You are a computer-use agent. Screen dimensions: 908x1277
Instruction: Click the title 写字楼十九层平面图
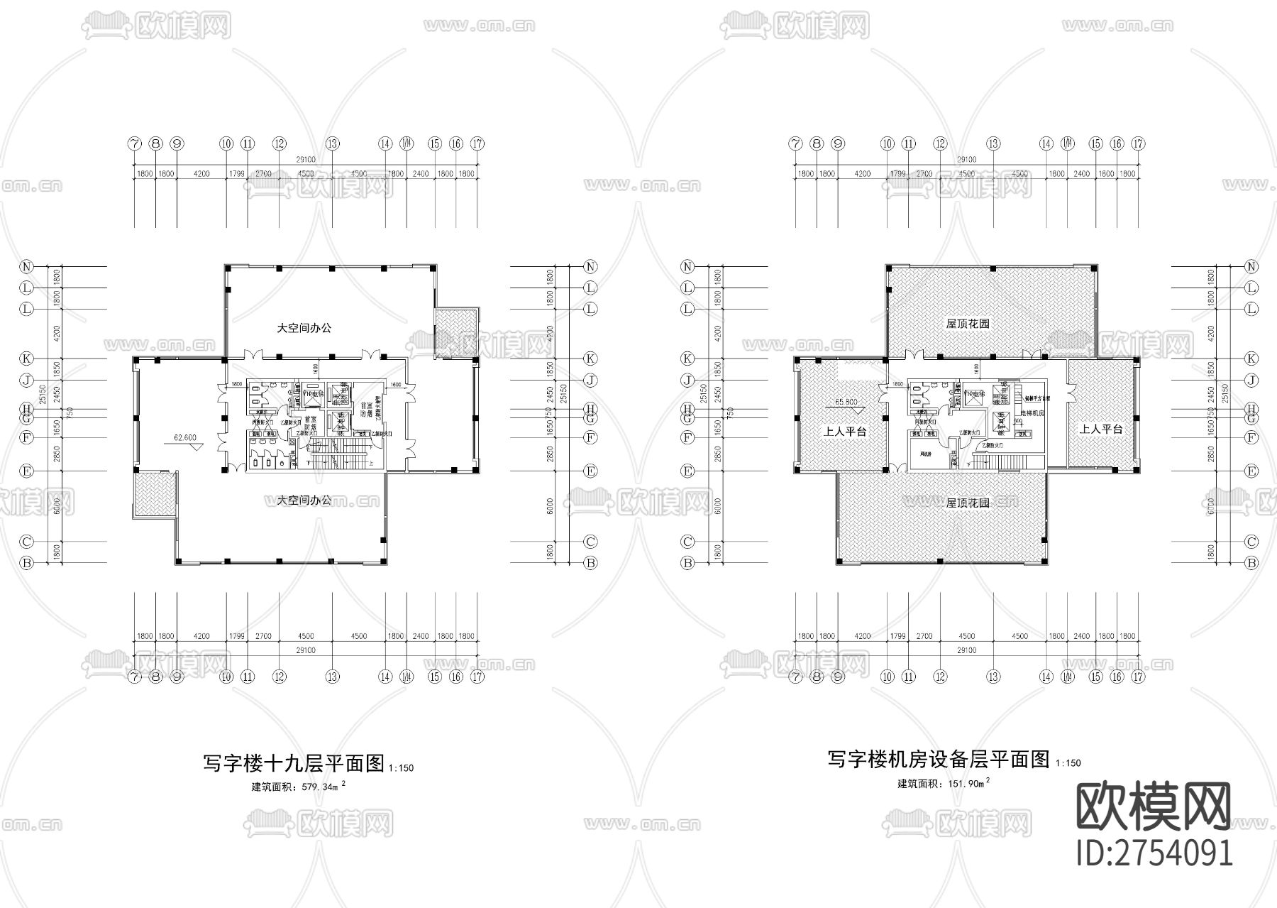294,764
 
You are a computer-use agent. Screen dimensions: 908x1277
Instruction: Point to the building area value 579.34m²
299,787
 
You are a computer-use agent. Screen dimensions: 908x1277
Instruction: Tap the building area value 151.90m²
944,783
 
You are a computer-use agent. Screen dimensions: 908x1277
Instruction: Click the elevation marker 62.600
185,438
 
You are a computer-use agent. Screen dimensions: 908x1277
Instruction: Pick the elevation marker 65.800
846,402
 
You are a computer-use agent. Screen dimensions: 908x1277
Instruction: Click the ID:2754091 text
1154,853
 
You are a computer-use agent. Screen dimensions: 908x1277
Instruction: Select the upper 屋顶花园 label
968,324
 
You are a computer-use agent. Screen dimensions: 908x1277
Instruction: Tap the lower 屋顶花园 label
968,503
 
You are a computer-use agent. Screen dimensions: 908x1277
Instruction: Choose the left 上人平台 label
844,431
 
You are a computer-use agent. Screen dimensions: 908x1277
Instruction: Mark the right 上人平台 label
1100,429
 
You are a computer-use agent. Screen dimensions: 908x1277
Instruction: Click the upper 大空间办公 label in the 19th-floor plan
304,328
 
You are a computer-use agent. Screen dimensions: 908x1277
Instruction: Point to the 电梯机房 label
1034,413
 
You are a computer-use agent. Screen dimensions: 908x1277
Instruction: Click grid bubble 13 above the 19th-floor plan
332,143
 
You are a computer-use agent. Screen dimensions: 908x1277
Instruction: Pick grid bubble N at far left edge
27,267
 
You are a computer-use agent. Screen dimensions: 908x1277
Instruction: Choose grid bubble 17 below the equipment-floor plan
1138,677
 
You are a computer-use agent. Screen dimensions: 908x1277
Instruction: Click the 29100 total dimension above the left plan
306,160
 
